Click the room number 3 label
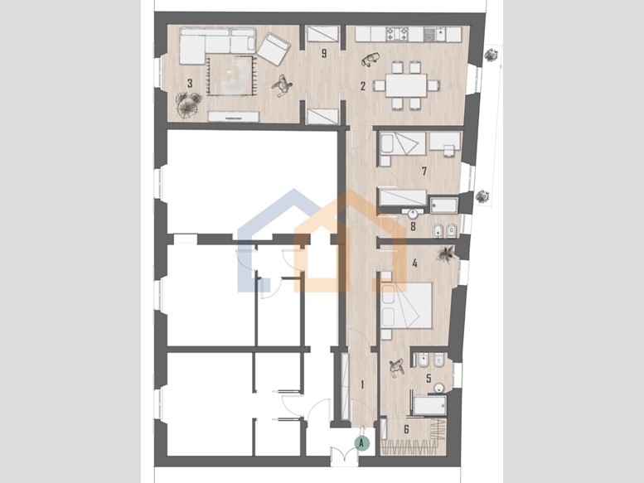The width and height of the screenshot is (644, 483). [190, 84]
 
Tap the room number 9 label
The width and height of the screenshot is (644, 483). [324, 53]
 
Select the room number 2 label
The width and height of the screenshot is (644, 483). [363, 86]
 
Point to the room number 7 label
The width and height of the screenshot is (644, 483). [424, 171]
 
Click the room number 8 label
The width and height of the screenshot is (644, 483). [414, 226]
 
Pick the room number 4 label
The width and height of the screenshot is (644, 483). [414, 263]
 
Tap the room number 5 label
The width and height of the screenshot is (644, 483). [429, 378]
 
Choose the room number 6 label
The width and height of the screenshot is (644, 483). [406, 429]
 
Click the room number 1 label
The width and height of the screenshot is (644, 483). [362, 384]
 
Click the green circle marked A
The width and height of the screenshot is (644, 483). [362, 443]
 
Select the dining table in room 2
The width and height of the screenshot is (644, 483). [406, 85]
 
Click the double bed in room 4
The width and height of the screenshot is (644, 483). [407, 306]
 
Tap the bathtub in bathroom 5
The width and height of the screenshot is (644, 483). [429, 405]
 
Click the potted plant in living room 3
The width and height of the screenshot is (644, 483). [188, 104]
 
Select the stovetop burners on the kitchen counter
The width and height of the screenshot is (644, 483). [397, 35]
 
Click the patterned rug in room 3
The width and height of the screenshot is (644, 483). [230, 75]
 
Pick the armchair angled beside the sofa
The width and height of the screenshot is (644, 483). [274, 49]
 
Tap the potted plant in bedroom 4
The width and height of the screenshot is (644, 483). [445, 254]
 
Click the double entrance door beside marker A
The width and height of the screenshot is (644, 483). [344, 456]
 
